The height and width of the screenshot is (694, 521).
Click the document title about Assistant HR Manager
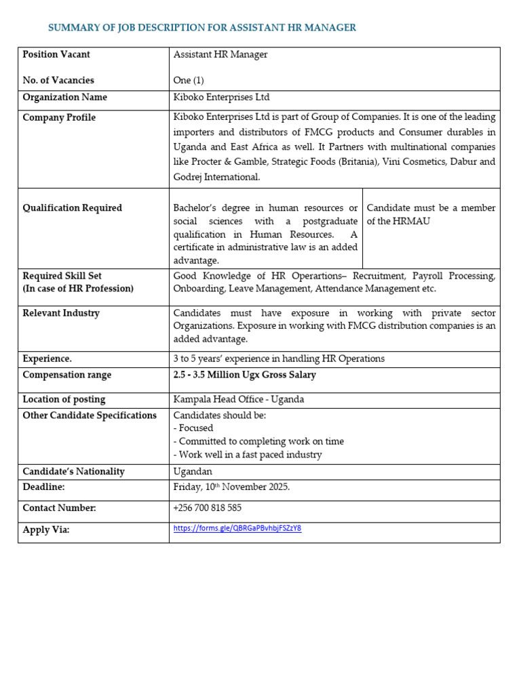201,28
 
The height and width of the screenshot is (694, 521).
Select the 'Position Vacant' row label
56,55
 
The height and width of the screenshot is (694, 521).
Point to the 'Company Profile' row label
59,118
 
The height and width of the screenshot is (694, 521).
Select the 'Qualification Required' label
73,208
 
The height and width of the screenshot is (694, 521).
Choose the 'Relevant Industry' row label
61,313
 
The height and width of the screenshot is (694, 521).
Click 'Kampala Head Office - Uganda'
239,400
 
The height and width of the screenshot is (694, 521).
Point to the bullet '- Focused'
193,428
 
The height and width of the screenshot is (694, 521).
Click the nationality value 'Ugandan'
193,472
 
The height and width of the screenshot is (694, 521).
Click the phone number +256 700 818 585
207,508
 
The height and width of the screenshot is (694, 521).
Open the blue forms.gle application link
237,529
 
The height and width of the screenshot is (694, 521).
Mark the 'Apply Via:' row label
46,530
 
